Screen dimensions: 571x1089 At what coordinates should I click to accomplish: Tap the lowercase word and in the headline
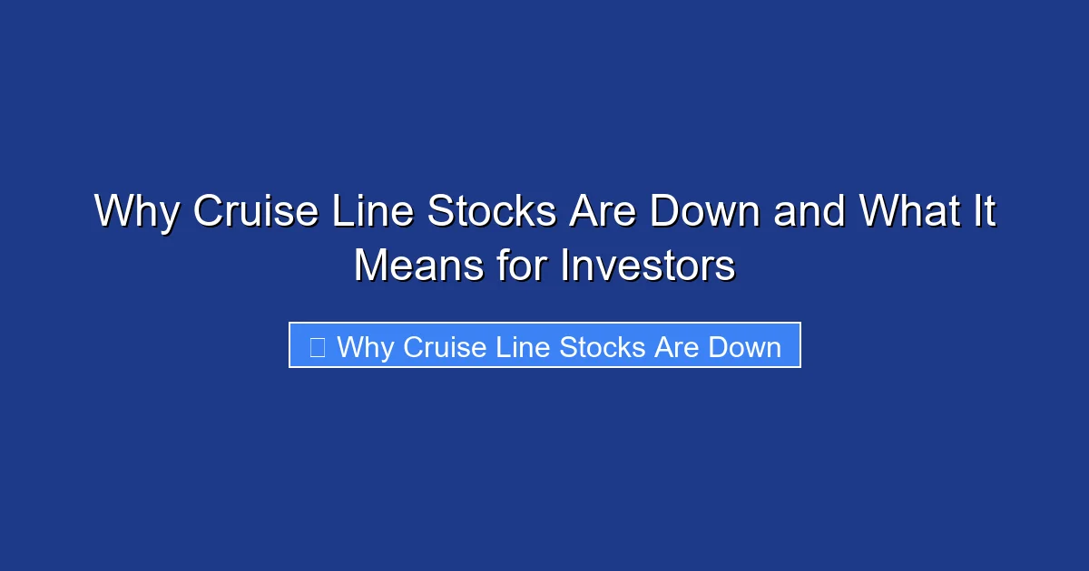click(x=809, y=212)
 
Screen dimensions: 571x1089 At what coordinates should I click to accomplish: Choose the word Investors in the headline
click(x=647, y=266)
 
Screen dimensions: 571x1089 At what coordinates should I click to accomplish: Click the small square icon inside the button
click(x=317, y=347)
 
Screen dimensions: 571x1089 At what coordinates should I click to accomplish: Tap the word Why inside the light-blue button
click(x=366, y=347)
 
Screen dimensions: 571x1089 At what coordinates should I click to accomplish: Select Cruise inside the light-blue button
click(x=445, y=347)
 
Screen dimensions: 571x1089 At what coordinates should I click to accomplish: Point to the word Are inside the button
click(x=678, y=347)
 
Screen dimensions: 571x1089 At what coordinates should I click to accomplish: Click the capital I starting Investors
click(x=564, y=266)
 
